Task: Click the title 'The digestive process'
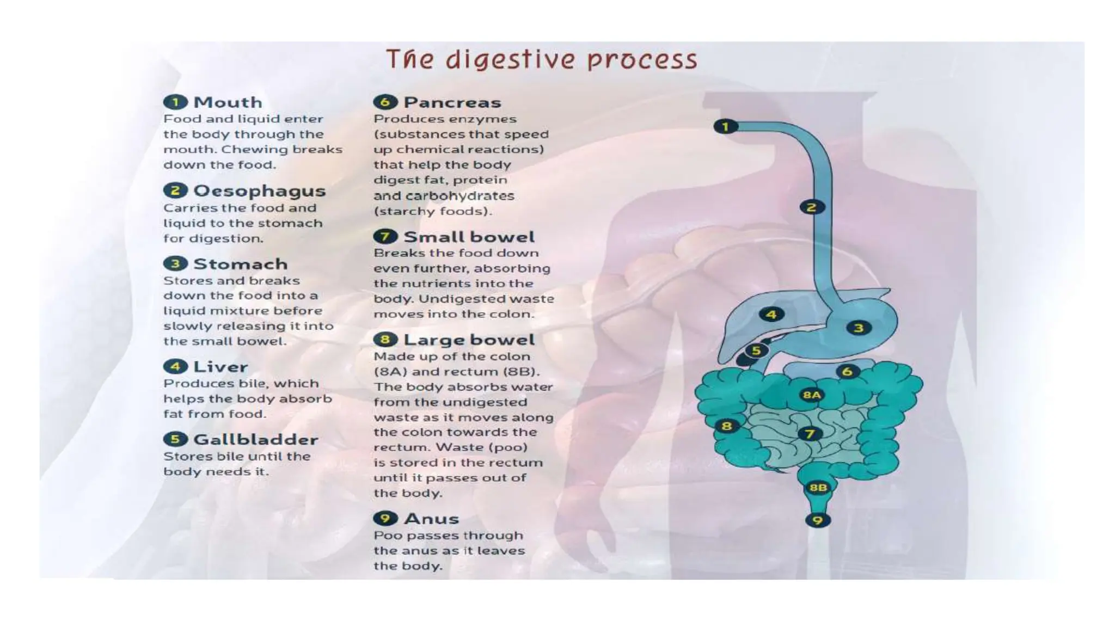(x=541, y=59)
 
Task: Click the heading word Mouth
(x=228, y=102)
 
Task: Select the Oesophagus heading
(x=259, y=191)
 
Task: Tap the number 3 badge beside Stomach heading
(x=175, y=264)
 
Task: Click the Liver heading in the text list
(x=220, y=367)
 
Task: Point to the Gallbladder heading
(x=255, y=440)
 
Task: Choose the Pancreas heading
(x=452, y=102)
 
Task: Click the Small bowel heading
(x=469, y=237)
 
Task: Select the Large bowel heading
(x=469, y=340)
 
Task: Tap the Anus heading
(x=431, y=519)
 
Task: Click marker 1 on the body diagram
(x=725, y=127)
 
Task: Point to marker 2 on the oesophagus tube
(x=812, y=207)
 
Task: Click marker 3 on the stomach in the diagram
(x=859, y=328)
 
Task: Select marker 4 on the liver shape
(x=771, y=314)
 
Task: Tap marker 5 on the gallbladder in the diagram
(x=756, y=351)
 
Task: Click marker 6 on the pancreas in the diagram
(x=847, y=372)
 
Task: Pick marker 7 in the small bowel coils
(x=810, y=434)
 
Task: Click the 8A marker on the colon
(x=811, y=395)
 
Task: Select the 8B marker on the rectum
(x=818, y=488)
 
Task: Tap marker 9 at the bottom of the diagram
(x=817, y=520)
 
